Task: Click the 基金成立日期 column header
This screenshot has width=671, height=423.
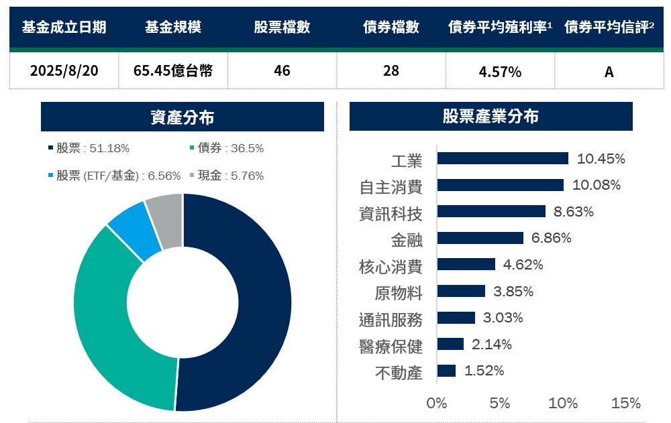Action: (64, 27)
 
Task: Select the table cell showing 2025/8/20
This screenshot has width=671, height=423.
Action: (64, 70)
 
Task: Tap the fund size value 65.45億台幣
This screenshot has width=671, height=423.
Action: (173, 70)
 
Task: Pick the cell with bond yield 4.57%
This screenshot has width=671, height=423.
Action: (500, 72)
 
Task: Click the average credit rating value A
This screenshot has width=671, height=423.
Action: (609, 72)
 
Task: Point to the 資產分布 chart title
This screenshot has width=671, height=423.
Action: (182, 117)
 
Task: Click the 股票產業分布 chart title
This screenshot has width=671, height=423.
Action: (491, 117)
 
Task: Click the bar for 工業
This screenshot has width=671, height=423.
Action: (502, 158)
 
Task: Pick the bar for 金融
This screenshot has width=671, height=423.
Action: (480, 238)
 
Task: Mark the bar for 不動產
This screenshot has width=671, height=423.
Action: (446, 371)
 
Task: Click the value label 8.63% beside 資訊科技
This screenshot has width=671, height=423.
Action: (573, 212)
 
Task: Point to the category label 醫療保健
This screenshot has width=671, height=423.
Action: (391, 346)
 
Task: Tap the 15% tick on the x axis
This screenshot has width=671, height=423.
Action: (626, 403)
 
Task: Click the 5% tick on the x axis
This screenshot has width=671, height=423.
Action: (500, 403)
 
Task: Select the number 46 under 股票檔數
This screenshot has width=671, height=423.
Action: (282, 70)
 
